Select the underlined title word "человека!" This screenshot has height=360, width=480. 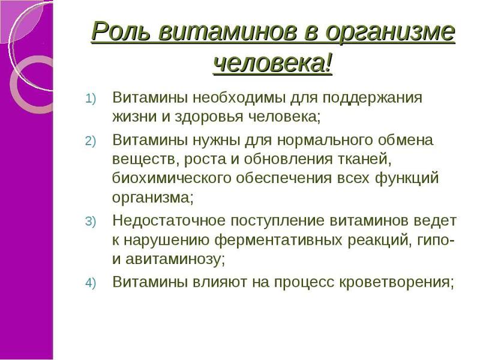[273, 62]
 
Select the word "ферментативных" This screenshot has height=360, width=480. [288, 240]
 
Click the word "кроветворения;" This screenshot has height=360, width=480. [397, 282]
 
